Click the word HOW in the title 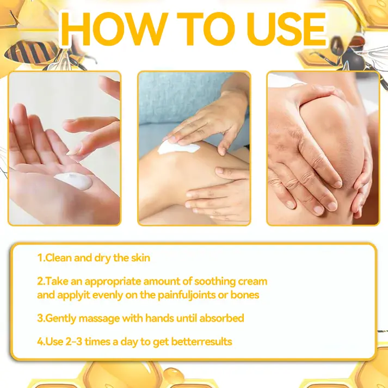pyautogui.click(x=114, y=29)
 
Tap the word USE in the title pyautogui.click(x=286, y=29)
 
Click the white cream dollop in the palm pyautogui.click(x=73, y=181)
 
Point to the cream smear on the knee pyautogui.click(x=178, y=147)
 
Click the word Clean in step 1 pyautogui.click(x=58, y=258)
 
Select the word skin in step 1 pyautogui.click(x=140, y=258)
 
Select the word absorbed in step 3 pyautogui.click(x=221, y=318)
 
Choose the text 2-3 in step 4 pyautogui.click(x=74, y=342)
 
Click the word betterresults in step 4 pyautogui.click(x=201, y=342)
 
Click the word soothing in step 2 pyautogui.click(x=215, y=282)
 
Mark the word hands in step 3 pyautogui.click(x=159, y=318)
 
